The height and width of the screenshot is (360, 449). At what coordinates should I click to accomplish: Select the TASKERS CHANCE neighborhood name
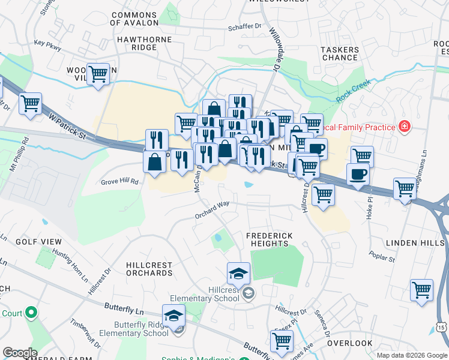[x=340, y=53]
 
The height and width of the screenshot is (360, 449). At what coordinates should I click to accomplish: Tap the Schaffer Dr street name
[x=245, y=27]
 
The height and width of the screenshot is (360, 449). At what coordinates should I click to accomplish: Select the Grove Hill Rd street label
[x=119, y=181]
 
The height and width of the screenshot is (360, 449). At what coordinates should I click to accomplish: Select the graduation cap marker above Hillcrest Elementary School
[x=238, y=274]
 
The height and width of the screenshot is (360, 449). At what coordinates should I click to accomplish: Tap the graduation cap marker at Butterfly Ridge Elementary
[x=173, y=315]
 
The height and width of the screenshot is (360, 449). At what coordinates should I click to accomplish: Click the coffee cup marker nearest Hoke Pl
[x=358, y=174]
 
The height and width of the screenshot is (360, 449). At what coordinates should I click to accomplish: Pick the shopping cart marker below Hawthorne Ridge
[x=98, y=74]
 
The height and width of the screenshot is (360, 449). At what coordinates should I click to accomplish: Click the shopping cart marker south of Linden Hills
[x=421, y=290]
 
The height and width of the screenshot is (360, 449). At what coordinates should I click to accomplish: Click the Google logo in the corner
[x=20, y=353]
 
